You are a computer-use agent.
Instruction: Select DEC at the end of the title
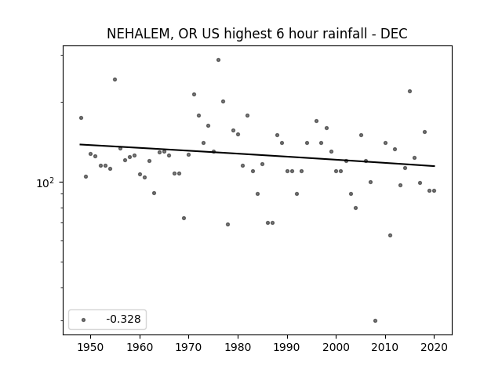pos(394,34)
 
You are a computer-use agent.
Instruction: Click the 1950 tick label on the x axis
pos(90,347)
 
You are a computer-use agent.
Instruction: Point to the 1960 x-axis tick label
pos(140,347)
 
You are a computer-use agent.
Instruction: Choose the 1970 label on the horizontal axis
pos(188,347)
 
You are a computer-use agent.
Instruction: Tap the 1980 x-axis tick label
pos(238,347)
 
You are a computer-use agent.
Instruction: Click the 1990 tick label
pos(287,347)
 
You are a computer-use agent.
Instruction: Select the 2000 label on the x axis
pos(336,347)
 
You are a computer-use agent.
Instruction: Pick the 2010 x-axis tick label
pos(385,347)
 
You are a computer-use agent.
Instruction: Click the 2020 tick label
pos(434,347)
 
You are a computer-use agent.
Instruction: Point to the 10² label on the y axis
pos(45,183)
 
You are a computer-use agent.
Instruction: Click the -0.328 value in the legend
pos(124,319)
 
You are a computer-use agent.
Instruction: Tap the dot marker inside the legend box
pos(83,320)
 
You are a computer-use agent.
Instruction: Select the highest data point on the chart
pos(218,60)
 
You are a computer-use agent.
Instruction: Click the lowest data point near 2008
pos(375,320)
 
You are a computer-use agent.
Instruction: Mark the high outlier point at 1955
pos(115,80)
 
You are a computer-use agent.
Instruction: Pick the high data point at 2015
pos(409,92)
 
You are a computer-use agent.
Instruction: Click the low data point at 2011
pos(390,235)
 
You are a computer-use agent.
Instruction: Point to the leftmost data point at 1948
pos(81,118)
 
